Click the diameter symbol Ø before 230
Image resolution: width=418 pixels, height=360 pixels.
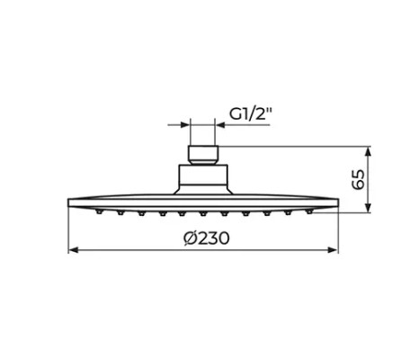(x=187, y=238)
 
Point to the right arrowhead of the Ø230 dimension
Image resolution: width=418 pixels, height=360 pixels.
(x=334, y=249)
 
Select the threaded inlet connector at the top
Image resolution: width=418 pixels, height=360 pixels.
(x=205, y=153)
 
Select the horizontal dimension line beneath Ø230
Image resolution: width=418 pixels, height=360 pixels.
(x=135, y=249)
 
